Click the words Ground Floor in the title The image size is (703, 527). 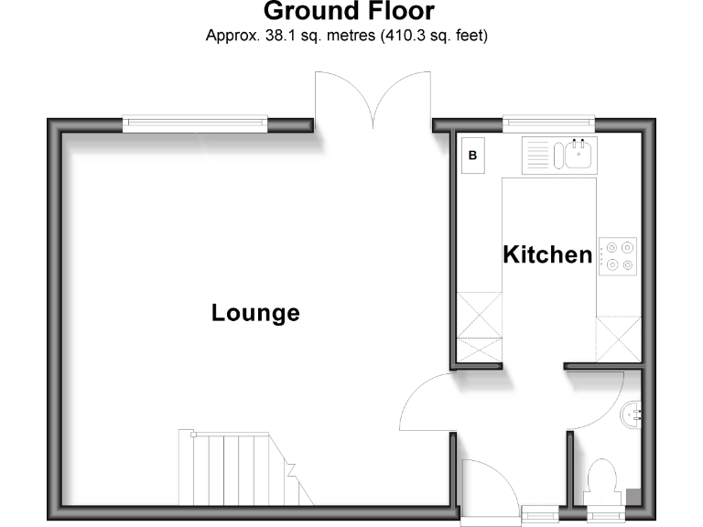pyautogui.click(x=349, y=12)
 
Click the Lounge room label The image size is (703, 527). pyautogui.click(x=255, y=313)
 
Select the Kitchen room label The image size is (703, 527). pyautogui.click(x=547, y=254)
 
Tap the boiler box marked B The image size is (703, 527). pyautogui.click(x=473, y=156)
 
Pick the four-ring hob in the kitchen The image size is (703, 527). pyautogui.click(x=618, y=256)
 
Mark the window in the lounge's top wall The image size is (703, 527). pyautogui.click(x=196, y=122)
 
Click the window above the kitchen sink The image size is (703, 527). pyautogui.click(x=548, y=122)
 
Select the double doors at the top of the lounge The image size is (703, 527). pyautogui.click(x=372, y=99)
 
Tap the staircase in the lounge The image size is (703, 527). pyautogui.click(x=239, y=468)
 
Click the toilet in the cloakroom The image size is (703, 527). pyautogui.click(x=602, y=480)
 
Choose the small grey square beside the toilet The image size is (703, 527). pyautogui.click(x=633, y=496)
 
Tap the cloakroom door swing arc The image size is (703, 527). pyautogui.click(x=600, y=403)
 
